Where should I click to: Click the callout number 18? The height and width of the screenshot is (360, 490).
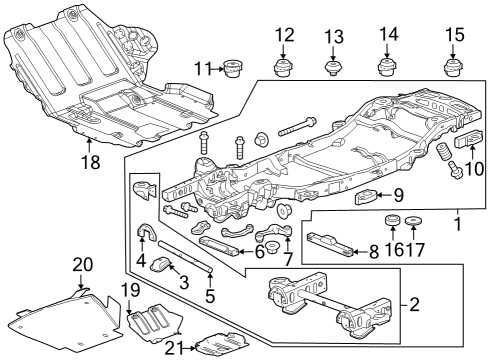tap(91, 160)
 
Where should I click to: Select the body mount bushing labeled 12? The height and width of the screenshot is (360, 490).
tap(284, 68)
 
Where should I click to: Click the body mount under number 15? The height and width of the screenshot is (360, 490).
tap(455, 68)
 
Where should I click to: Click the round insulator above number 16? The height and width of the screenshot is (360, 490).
tap(392, 220)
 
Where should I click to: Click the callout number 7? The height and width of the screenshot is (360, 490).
tap(288, 260)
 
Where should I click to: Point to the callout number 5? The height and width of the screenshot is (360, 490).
tap(211, 296)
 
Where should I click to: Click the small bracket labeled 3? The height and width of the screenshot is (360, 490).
tap(167, 266)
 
